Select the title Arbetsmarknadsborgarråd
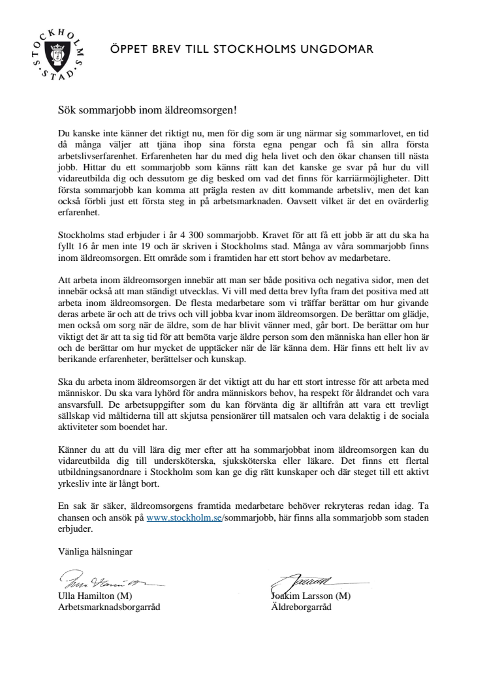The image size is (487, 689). pyautogui.click(x=110, y=607)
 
